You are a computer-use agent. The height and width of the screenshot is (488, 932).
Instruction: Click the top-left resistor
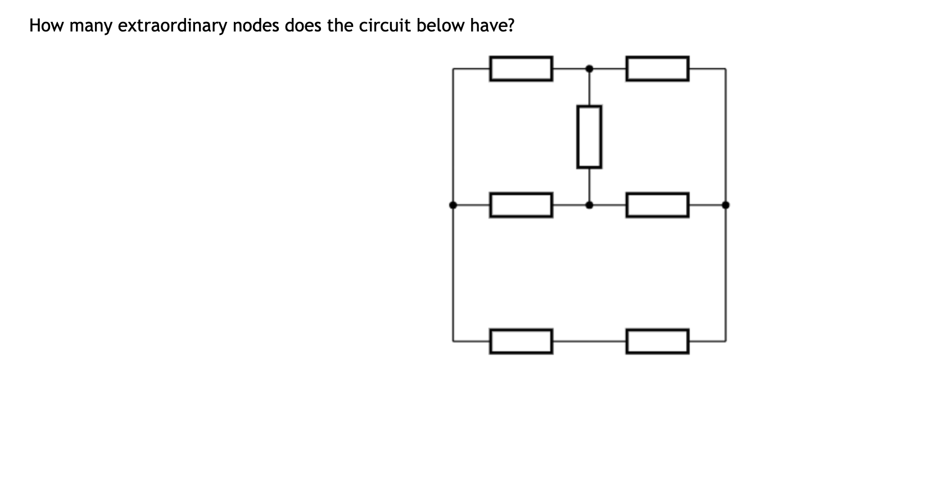(521, 69)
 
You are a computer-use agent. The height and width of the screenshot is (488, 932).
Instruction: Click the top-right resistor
(657, 69)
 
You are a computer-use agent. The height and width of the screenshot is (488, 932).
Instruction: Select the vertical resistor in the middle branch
(589, 137)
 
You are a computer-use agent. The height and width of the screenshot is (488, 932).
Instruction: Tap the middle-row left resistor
(521, 205)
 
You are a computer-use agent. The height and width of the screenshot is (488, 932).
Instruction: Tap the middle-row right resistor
(657, 205)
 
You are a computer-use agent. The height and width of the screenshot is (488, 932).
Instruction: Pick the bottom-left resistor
(521, 341)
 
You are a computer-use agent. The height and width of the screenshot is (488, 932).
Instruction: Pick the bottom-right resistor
(657, 341)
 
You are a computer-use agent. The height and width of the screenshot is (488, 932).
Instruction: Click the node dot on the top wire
(589, 69)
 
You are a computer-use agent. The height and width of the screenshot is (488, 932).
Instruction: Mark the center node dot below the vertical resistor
(589, 205)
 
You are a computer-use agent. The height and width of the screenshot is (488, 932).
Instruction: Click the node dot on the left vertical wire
(453, 205)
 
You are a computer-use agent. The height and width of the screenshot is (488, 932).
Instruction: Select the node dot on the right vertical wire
(726, 205)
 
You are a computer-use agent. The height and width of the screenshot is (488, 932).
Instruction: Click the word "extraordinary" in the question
(171, 26)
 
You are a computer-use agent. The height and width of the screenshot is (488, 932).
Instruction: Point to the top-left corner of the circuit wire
(453, 69)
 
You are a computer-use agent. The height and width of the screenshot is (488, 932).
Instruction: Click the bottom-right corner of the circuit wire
(726, 341)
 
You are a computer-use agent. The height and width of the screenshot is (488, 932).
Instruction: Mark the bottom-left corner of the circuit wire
(453, 341)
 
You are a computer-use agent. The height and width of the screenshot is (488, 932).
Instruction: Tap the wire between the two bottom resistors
(589, 341)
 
